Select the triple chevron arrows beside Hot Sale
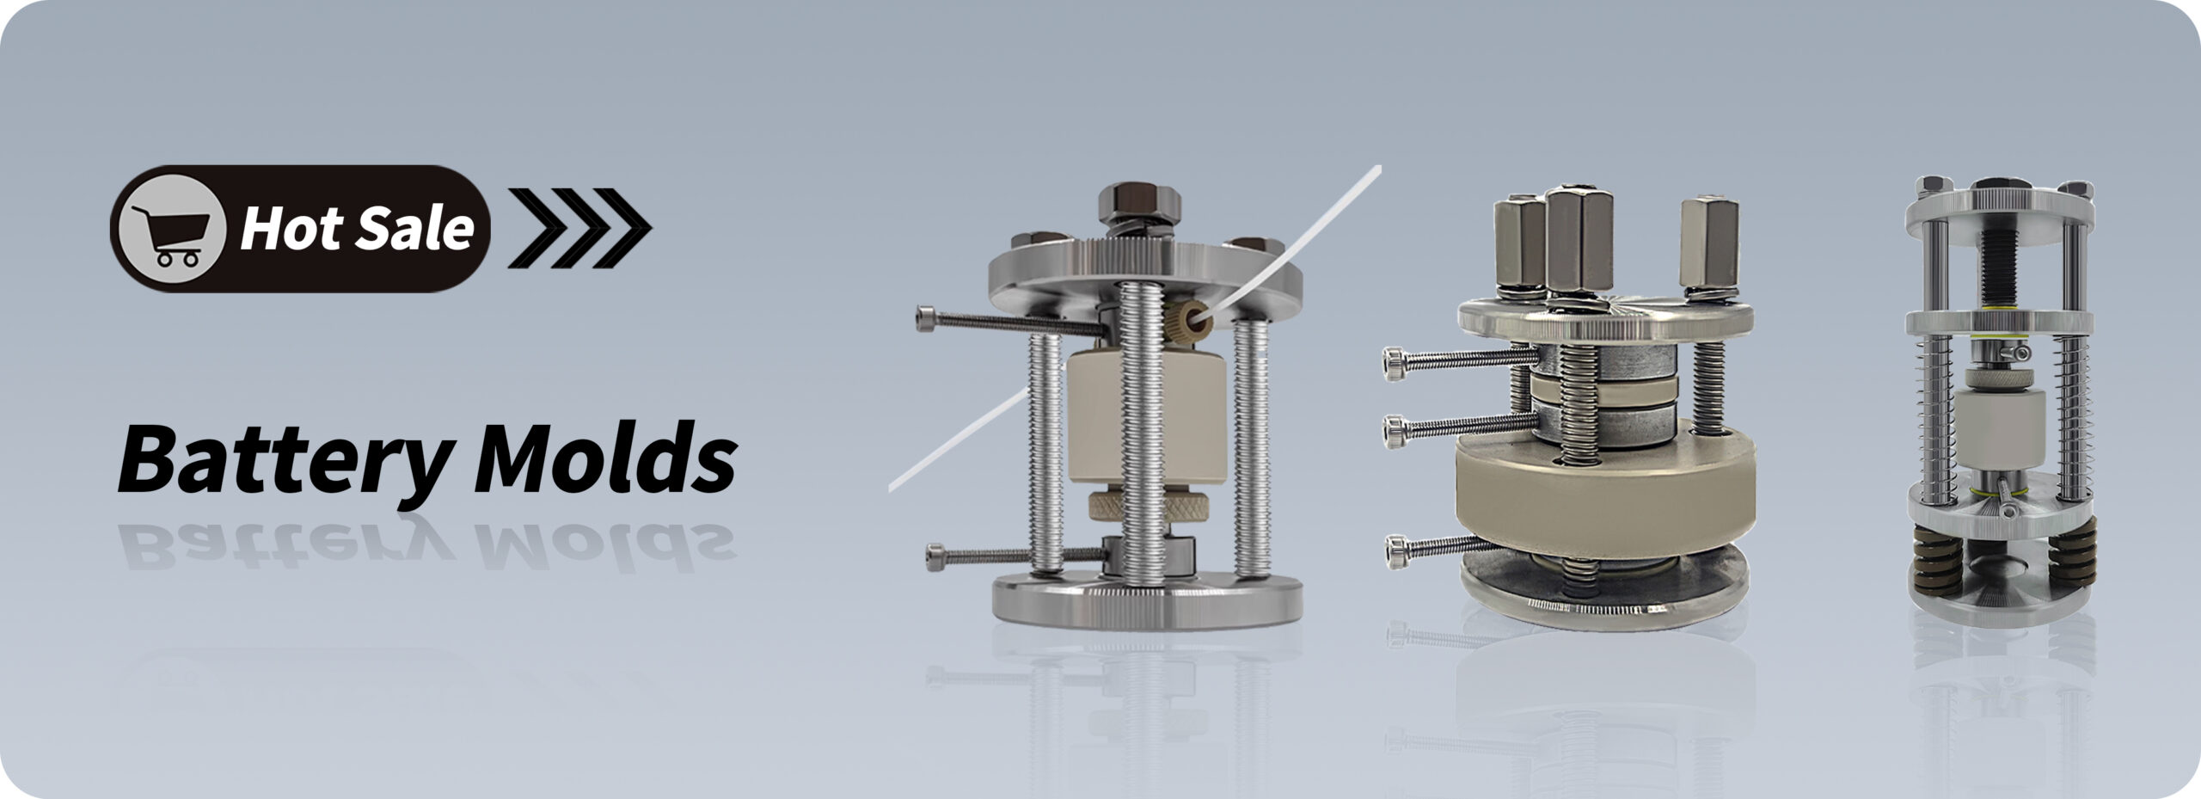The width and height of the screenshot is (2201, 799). (x=579, y=228)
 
